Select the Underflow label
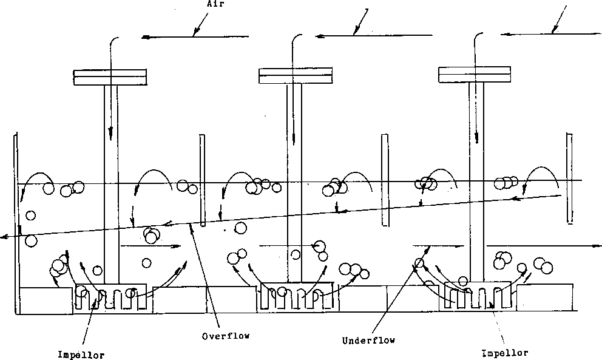[368, 341]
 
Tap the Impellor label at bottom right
[504, 353]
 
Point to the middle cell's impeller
[295, 296]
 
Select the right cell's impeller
[477, 296]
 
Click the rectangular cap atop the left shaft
[110, 77]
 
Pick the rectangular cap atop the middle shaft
[296, 75]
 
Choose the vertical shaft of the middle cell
[294, 182]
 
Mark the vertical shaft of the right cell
[476, 182]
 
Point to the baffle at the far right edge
[569, 177]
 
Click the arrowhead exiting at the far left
[4, 237]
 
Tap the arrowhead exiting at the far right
[597, 246]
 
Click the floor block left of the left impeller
[46, 300]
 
